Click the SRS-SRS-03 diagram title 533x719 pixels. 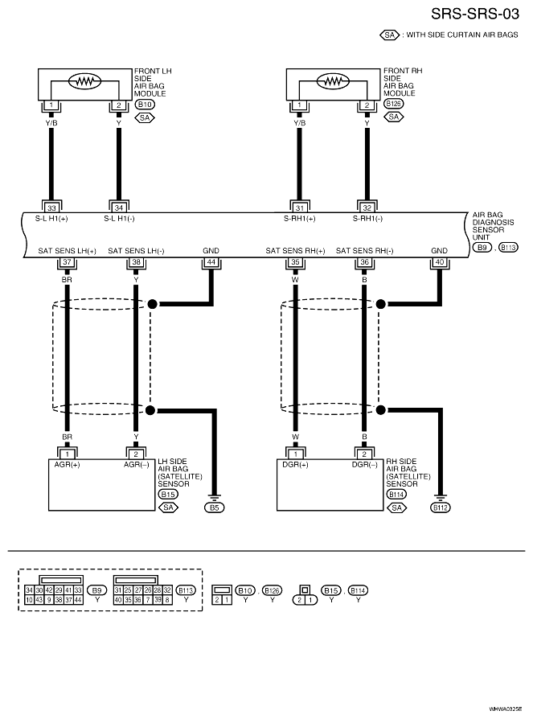(475, 14)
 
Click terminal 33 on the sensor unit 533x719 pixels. (51, 207)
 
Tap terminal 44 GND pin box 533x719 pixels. (211, 262)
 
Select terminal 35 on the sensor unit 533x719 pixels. (295, 262)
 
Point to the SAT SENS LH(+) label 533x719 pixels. (68, 251)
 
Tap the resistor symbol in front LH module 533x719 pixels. (84, 81)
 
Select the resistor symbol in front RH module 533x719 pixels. (333, 81)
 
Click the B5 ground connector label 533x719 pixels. (214, 507)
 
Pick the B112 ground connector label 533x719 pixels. (441, 507)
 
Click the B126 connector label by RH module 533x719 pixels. (394, 104)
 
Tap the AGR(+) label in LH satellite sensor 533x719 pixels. (67, 465)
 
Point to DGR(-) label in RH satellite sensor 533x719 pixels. (365, 465)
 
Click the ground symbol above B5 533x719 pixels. (214, 497)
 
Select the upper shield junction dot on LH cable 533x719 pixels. (152, 303)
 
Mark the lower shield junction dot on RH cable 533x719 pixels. (380, 410)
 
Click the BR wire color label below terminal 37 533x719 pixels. (67, 279)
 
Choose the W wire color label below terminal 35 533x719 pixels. (295, 279)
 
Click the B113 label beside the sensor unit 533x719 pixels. (508, 248)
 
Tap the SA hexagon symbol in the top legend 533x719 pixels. (390, 35)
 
